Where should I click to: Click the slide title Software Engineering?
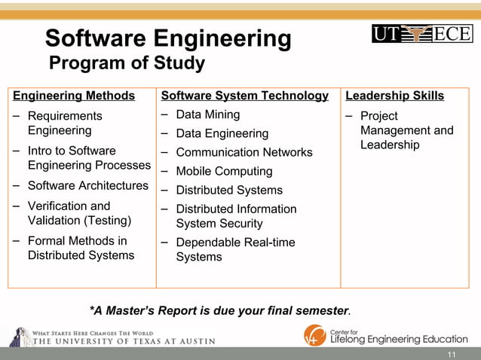(167, 38)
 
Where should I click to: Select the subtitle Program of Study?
(127, 64)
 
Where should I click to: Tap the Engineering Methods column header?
(74, 96)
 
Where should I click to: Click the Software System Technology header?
(245, 96)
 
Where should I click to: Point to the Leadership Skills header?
(394, 96)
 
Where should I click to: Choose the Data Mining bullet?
(207, 114)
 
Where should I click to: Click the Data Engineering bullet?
(222, 133)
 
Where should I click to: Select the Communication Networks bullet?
(244, 152)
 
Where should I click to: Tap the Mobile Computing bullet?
(224, 171)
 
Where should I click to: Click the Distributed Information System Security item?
(236, 216)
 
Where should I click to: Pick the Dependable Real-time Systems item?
(235, 250)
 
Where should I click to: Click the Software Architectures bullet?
(87, 185)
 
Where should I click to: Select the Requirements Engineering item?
(64, 124)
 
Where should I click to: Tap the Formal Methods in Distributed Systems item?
(81, 248)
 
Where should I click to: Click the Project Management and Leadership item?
(406, 130)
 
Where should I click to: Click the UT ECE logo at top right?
(421, 34)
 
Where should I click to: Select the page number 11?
(452, 355)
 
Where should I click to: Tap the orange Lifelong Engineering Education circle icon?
(315, 335)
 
